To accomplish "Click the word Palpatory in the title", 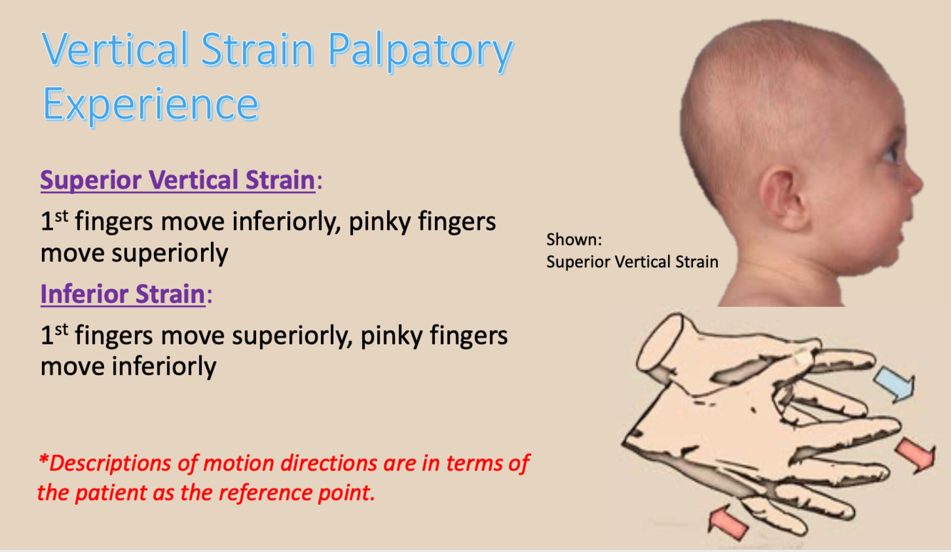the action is tap(421, 51).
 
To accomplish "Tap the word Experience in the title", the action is tap(150, 104).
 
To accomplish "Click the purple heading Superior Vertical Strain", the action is tap(178, 180).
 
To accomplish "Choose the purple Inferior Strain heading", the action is tap(123, 294).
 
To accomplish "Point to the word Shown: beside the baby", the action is tap(574, 240).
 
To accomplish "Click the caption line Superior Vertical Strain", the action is tap(632, 262).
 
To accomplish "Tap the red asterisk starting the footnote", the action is tap(43, 459).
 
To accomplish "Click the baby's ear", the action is tap(784, 199).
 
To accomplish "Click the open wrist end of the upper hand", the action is tap(659, 343).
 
